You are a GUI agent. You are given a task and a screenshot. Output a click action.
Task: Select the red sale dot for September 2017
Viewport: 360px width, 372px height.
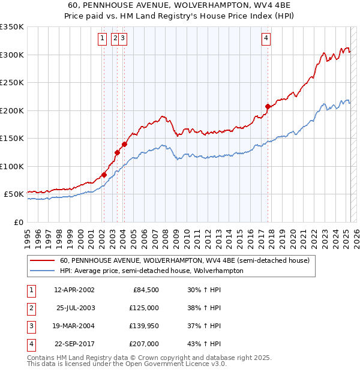(268, 107)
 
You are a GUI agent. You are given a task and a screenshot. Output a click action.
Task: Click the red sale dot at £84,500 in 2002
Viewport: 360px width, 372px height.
(104, 175)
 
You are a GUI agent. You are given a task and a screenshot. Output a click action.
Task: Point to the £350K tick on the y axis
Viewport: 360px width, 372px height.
(12, 27)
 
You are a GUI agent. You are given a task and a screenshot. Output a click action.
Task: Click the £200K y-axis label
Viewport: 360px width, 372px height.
(12, 110)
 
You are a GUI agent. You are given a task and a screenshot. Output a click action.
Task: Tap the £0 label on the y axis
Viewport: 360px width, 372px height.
(17, 222)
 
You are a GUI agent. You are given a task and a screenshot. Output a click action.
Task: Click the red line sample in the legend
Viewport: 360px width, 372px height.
(42, 261)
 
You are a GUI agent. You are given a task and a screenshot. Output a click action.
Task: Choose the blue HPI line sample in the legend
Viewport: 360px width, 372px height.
(42, 271)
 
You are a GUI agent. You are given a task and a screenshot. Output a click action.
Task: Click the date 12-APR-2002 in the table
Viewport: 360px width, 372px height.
(74, 290)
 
